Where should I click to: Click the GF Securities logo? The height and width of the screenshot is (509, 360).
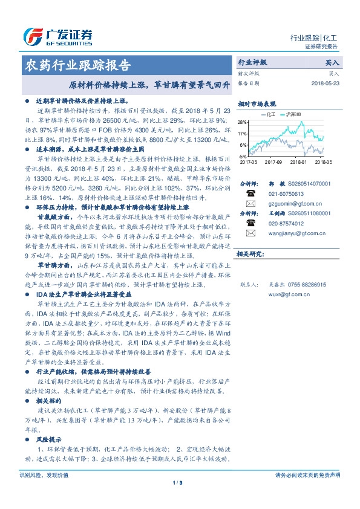pos(57,37)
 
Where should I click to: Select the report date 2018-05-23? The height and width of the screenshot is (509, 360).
pos(326,83)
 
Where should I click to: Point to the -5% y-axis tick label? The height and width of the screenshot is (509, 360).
pos(243,156)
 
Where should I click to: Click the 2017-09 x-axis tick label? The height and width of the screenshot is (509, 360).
pos(274,162)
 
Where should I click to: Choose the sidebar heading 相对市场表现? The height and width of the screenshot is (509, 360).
pos(257,103)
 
